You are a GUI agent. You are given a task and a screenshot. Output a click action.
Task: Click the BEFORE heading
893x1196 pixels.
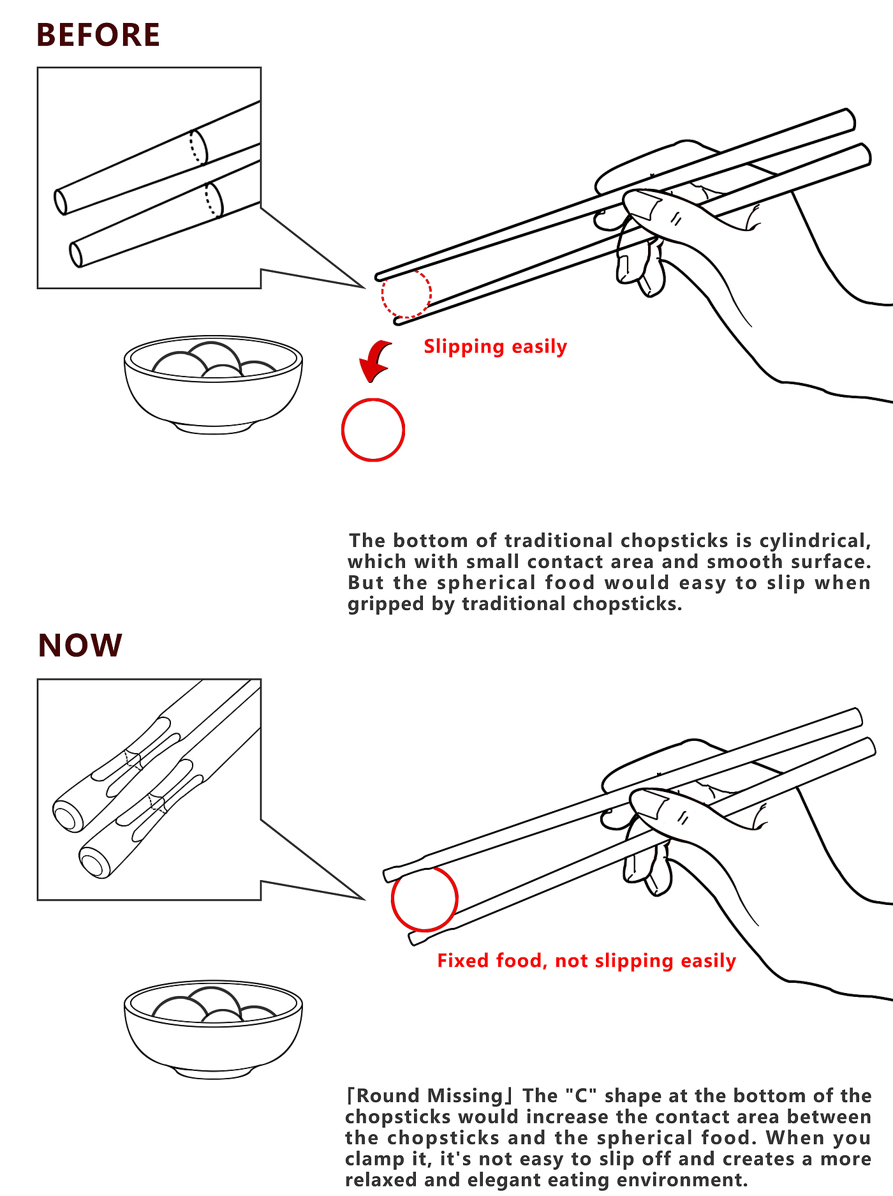coord(98,35)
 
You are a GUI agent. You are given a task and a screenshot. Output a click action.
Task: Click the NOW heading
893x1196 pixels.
coord(80,645)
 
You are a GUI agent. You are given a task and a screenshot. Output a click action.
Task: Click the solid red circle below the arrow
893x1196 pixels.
coord(373,430)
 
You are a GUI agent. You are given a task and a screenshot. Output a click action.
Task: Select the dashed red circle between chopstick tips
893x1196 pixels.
coord(406,294)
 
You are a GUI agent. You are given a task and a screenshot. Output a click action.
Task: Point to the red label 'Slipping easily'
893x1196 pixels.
coord(495,347)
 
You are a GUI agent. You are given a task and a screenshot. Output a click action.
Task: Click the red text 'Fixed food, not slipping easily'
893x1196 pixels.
coord(586,961)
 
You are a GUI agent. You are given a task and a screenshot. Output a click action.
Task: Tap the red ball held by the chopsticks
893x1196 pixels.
coord(424,898)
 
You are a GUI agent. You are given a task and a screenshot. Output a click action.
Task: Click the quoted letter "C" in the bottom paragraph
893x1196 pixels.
coord(580,1096)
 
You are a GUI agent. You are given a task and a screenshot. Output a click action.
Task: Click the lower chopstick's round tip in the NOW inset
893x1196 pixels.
coord(92,863)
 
